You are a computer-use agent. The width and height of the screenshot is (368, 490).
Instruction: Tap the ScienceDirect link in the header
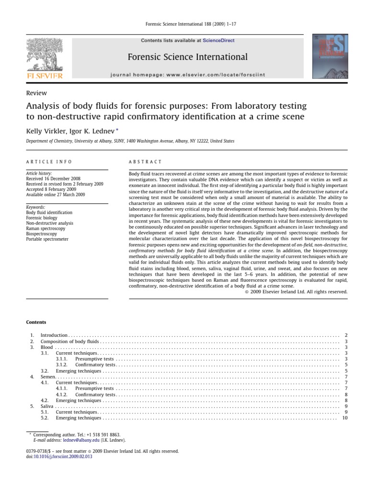(x=218, y=41)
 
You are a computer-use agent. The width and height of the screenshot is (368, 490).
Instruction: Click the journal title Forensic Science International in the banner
(x=187, y=57)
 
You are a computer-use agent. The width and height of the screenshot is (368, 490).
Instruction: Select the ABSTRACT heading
(x=146, y=162)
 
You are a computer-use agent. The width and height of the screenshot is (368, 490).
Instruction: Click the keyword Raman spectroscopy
(x=45, y=228)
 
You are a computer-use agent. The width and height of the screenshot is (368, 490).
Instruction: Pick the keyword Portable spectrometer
(x=47, y=239)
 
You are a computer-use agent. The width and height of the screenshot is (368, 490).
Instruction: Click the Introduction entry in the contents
(x=54, y=335)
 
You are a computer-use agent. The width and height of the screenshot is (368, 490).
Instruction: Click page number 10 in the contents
(x=345, y=418)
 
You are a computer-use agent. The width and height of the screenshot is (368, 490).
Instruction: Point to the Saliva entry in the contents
(x=47, y=406)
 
